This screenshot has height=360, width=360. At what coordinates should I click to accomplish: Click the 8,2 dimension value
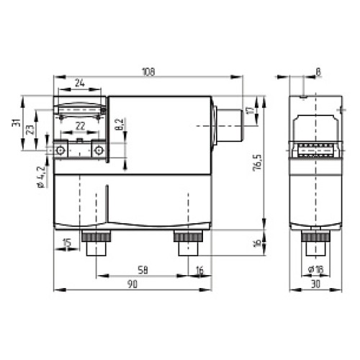coord(120,125)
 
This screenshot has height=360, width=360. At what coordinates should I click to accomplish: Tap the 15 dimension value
coord(66,243)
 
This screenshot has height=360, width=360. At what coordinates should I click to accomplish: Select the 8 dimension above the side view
coord(318,72)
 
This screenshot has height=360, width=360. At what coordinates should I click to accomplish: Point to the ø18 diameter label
coord(315,269)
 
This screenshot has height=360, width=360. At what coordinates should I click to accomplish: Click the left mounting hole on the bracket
coord(60,150)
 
